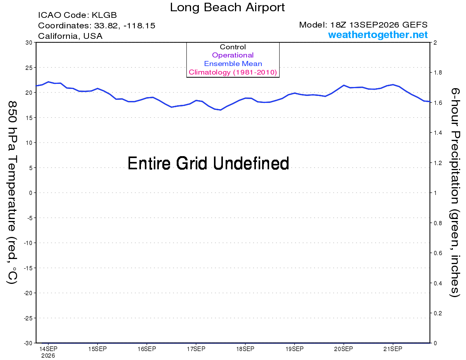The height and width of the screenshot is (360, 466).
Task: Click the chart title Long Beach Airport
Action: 227,7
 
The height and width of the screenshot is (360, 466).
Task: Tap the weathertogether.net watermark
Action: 377,35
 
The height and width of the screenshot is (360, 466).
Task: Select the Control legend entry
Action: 233,47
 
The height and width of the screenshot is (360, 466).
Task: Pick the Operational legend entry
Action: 233,55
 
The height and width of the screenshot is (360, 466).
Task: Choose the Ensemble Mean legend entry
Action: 233,64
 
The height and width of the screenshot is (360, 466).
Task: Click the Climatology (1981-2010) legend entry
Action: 233,72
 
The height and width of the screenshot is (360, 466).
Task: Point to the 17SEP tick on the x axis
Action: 196,349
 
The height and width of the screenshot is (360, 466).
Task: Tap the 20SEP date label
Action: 343,349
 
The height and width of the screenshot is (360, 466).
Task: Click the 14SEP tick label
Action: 48,349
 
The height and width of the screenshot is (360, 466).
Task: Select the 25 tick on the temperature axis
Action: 29,68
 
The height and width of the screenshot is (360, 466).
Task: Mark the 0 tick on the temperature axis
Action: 31,193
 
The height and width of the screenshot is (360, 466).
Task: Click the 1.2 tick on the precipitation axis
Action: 438,163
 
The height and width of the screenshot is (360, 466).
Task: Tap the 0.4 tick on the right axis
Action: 438,283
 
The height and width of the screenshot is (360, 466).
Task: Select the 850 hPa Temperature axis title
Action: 12,193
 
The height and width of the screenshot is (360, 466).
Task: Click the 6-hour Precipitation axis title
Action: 455,192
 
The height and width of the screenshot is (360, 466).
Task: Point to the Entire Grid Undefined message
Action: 208,163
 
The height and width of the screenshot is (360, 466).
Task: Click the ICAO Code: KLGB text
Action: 77,15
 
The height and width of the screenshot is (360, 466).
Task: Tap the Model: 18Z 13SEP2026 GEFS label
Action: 363,25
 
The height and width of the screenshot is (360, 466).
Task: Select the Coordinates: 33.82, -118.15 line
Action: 97,26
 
